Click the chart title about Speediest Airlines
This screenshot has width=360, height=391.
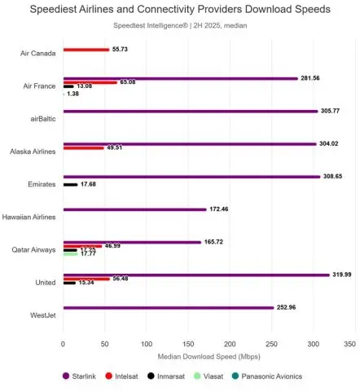180,11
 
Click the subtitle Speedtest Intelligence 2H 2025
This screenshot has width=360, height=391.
180,26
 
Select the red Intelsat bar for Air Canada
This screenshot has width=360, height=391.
86,50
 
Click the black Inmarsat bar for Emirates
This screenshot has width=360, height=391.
70,184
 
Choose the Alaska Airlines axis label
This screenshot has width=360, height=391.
33,152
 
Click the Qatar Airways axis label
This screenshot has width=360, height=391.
34,250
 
